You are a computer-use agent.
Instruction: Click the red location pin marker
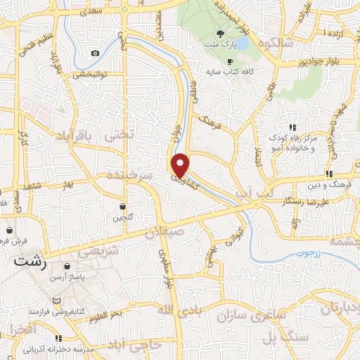click(x=181, y=165)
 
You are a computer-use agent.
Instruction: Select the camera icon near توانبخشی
click(x=95, y=53)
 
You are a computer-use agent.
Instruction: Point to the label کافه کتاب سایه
click(x=224, y=71)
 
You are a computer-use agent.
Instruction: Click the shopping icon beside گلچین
click(x=124, y=207)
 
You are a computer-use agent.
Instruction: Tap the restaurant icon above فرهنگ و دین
click(x=328, y=174)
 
